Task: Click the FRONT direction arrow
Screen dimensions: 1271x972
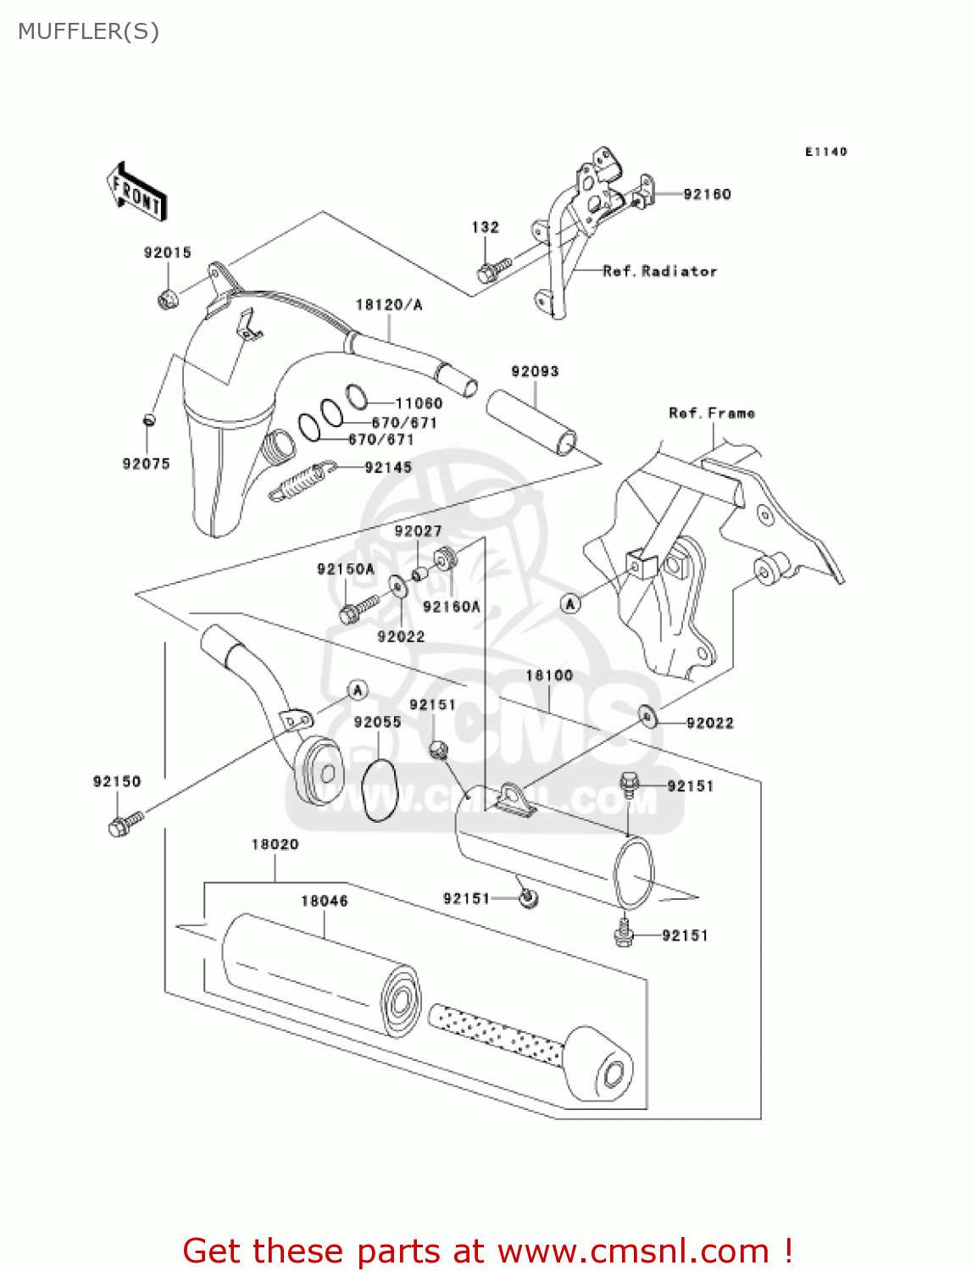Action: coord(136,193)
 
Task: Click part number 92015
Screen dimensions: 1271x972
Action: coord(167,253)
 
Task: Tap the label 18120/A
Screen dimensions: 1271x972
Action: coord(388,305)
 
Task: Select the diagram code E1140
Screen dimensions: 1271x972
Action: coord(825,152)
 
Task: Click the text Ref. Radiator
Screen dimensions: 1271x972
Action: coord(659,271)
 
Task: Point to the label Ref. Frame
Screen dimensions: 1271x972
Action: coord(711,413)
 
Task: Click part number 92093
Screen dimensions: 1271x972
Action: coord(535,371)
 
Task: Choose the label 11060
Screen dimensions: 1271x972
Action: coord(419,403)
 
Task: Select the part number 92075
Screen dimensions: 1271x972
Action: coord(146,463)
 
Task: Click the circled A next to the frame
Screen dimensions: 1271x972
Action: coord(570,603)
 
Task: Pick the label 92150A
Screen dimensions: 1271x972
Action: coord(345,569)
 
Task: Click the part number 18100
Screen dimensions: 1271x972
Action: coord(549,675)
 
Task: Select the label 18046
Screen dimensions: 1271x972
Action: coord(324,901)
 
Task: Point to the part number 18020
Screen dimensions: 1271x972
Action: coord(275,844)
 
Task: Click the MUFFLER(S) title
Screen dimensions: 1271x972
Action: coord(88,31)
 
